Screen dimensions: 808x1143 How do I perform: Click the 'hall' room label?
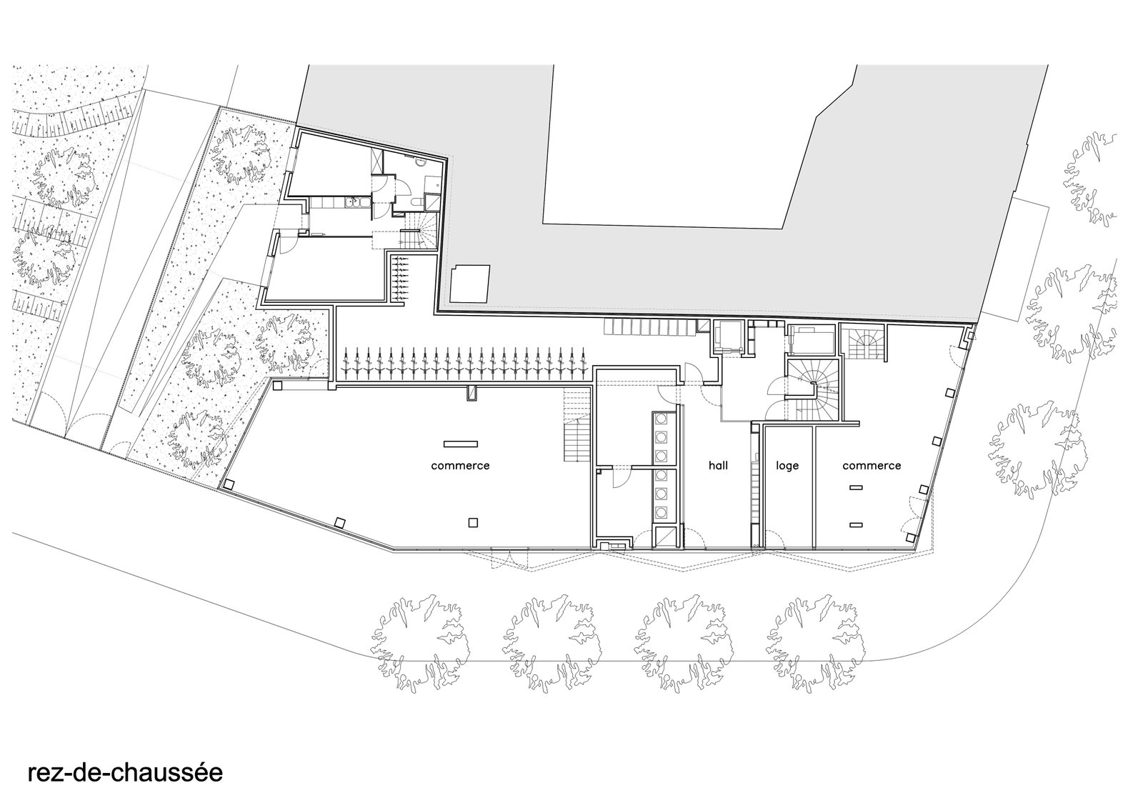point(718,465)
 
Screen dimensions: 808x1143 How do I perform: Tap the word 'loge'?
point(787,465)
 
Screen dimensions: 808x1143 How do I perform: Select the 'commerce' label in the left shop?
point(460,465)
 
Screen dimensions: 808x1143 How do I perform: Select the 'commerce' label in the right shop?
point(872,465)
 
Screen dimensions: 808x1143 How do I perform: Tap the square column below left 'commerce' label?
point(471,522)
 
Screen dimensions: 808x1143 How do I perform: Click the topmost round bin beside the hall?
point(662,419)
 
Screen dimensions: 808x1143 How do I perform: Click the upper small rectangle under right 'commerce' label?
point(855,487)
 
